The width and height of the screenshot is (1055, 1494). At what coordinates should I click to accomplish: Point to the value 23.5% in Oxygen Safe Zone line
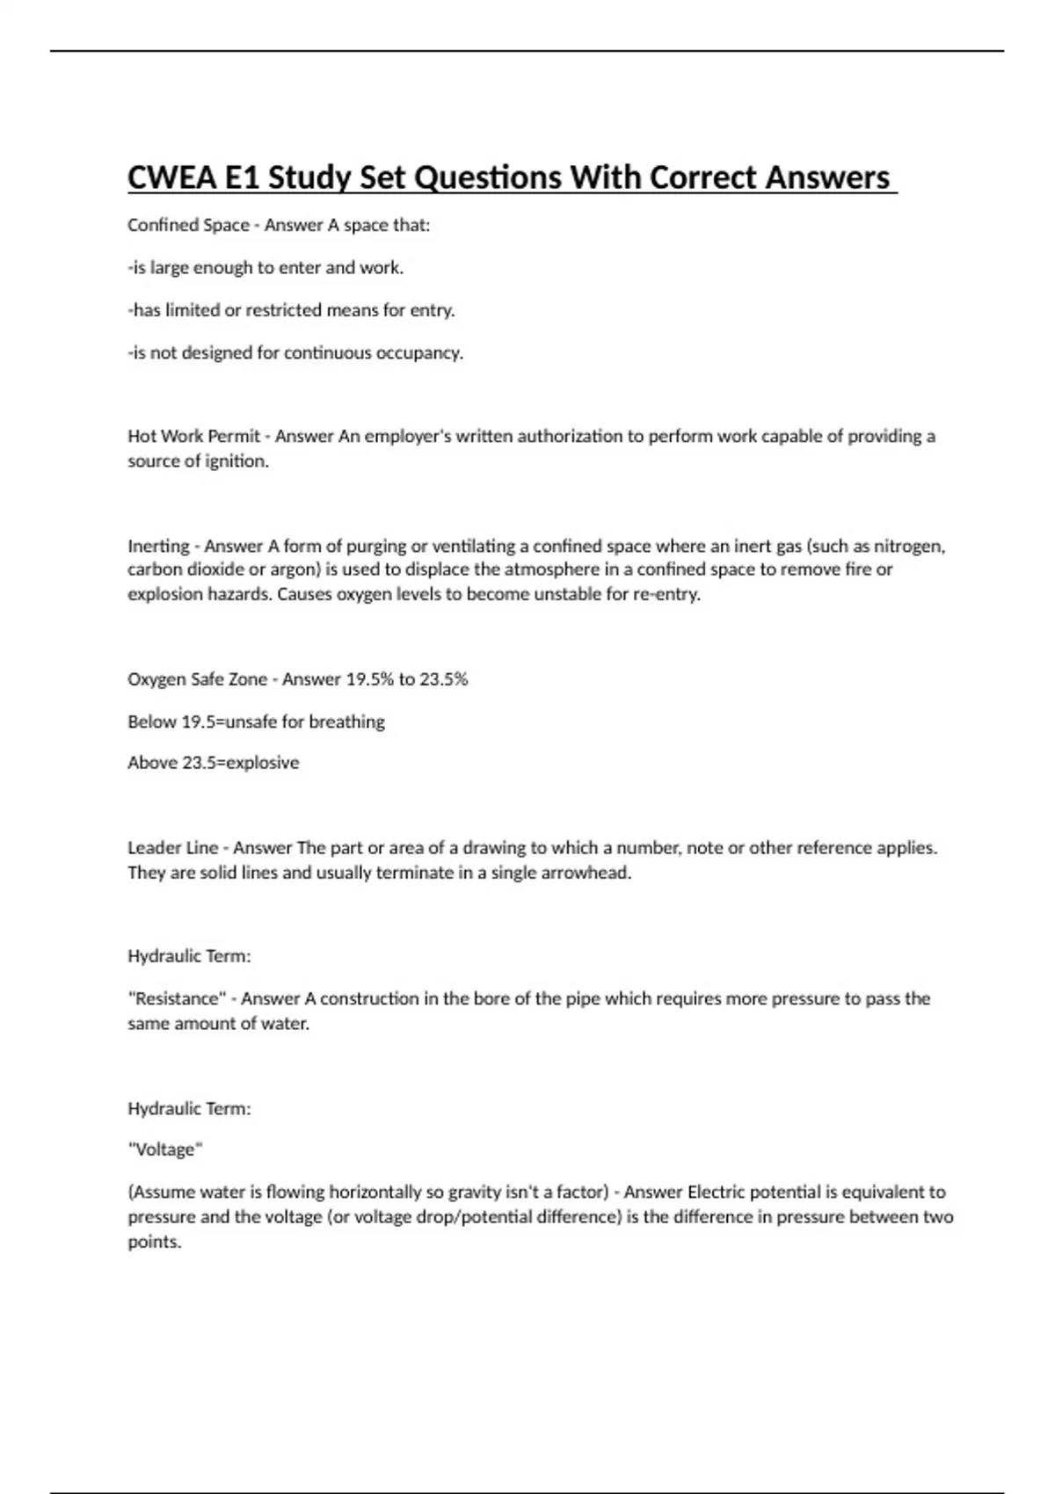tap(444, 679)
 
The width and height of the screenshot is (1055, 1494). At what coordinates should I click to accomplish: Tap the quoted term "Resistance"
tap(177, 998)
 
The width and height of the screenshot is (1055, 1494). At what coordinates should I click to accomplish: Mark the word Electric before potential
tap(716, 1193)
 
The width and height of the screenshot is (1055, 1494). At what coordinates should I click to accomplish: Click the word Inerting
tap(158, 546)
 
